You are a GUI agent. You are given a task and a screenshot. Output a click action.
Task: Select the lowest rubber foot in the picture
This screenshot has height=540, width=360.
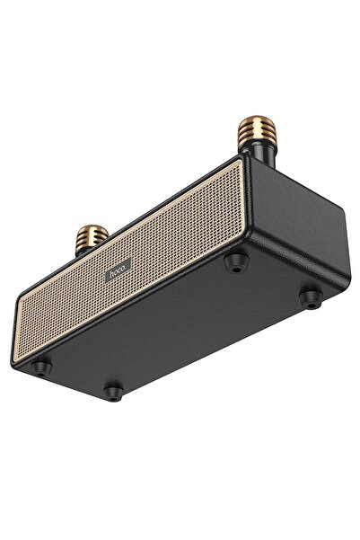(x=111, y=392)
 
